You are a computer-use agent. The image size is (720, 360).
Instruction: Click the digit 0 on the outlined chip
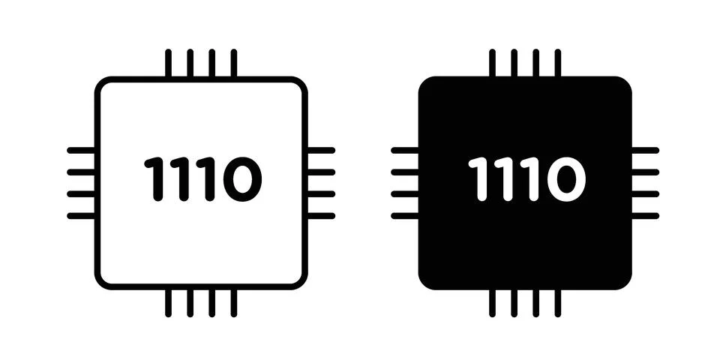pos(242,179)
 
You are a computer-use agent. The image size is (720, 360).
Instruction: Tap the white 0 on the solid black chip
pos(566,179)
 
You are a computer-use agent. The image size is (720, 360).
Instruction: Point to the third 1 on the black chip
pos(533,179)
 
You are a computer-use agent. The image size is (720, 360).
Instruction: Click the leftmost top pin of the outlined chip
pos(169,63)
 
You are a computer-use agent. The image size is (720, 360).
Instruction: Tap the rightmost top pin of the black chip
pos(558,63)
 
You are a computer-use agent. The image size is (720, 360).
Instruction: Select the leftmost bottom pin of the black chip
pos(492,303)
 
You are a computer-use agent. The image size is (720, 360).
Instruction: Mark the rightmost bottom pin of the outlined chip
pos(234,303)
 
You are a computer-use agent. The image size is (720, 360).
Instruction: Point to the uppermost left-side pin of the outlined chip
pos(81,150)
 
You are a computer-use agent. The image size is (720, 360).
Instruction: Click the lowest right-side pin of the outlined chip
pos(321,216)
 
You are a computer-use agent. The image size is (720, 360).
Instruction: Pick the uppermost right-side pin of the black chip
pos(645,150)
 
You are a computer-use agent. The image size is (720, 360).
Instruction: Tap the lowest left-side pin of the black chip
pos(405,216)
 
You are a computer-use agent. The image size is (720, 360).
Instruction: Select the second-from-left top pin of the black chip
pos(514,63)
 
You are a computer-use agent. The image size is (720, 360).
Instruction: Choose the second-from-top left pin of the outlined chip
pos(81,172)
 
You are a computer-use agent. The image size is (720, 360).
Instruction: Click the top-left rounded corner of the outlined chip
pos(101,83)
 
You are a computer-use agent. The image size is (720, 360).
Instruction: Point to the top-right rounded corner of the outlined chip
pos(301,83)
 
